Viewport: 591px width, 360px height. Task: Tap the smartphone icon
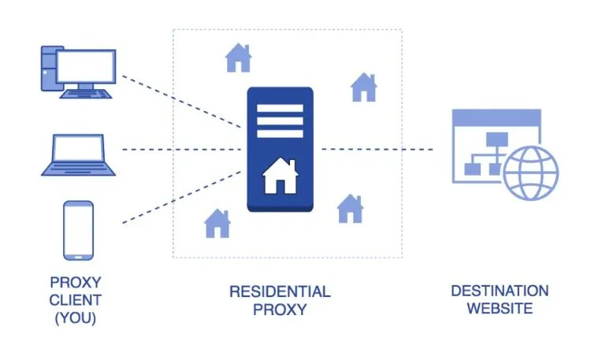(78, 229)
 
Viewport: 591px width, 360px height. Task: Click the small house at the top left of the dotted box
(238, 58)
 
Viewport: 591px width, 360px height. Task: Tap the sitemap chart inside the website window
(485, 154)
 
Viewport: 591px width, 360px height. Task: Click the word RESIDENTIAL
(280, 291)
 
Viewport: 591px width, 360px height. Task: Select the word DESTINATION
(500, 291)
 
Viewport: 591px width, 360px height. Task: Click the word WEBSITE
(500, 308)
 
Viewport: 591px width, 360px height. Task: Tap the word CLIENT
(76, 299)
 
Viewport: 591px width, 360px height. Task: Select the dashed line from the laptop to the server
(181, 149)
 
